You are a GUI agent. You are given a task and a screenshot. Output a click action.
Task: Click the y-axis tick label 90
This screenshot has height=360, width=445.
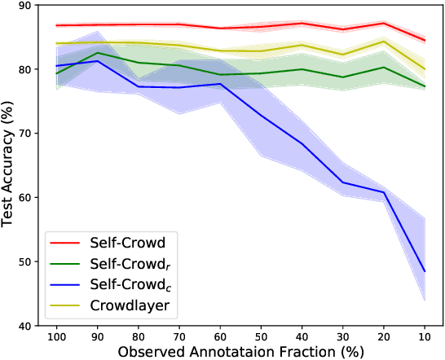24,6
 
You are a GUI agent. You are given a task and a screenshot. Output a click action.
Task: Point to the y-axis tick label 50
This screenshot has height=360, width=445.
24,262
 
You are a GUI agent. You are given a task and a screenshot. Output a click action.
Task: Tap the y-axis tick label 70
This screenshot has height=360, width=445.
24,134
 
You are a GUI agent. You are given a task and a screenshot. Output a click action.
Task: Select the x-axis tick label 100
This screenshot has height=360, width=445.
56,336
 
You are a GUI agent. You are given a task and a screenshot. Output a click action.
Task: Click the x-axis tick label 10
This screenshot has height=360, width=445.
424,336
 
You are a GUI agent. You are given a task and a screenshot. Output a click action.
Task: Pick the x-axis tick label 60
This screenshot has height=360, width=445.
220,336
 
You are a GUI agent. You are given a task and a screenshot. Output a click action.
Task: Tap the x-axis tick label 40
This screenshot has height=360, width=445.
302,336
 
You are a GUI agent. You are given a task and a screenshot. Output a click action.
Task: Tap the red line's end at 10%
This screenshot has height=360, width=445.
424,40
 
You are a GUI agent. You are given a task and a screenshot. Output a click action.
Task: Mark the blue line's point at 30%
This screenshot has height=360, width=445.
342,182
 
